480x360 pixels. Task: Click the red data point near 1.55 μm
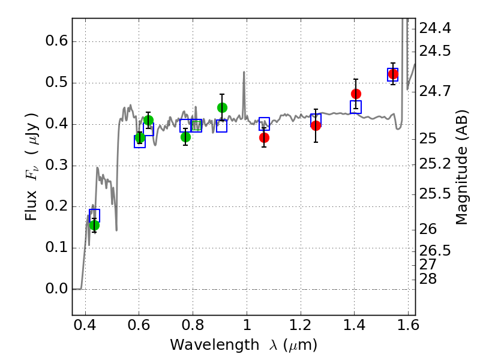393,74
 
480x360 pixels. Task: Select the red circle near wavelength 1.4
356,94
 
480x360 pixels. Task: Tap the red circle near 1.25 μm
316,125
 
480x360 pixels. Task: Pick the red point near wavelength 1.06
264,138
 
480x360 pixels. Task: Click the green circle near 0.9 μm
222,108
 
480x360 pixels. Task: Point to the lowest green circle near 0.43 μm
95,226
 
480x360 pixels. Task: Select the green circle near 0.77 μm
185,137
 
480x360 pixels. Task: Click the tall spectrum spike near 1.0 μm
244,92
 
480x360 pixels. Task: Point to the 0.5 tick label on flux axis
56,82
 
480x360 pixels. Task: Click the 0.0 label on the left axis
56,289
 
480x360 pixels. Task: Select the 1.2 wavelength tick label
301,325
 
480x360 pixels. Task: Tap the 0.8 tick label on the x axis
193,325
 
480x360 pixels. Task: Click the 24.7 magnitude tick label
435,91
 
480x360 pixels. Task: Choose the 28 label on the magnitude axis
428,279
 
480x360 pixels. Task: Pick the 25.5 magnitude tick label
435,194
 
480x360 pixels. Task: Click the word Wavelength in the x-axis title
215,345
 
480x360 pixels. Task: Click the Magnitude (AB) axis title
461,167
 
